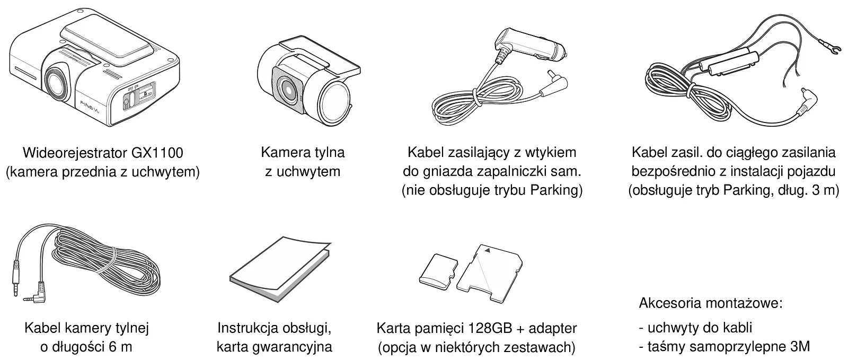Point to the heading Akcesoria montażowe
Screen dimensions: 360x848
710,304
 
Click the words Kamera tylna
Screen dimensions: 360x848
303,153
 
